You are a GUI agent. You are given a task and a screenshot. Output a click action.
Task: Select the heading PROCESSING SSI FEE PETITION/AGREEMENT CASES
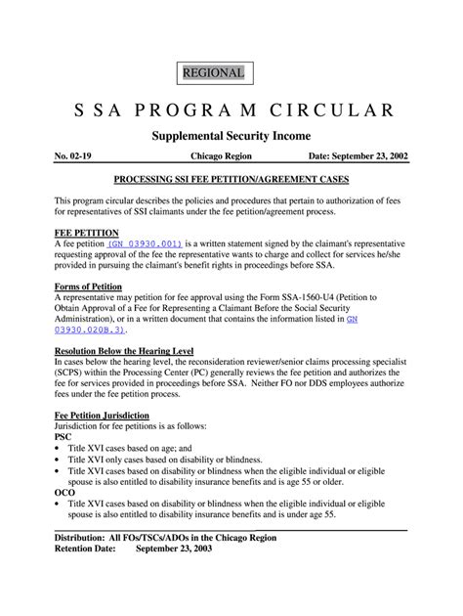pos(231,182)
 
